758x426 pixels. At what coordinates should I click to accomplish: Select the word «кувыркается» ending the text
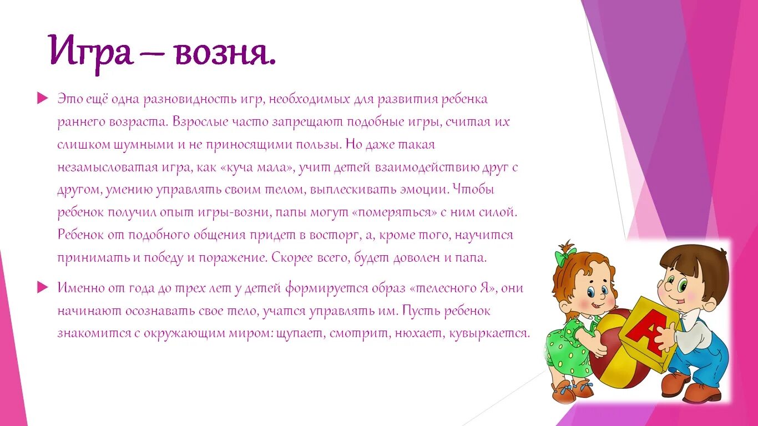[x=493, y=333]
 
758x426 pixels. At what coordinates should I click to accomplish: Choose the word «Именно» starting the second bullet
[x=78, y=288]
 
